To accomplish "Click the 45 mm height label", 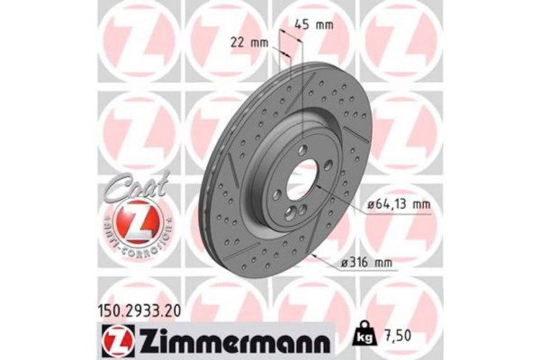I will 308,24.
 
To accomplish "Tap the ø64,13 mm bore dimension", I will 396,204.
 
